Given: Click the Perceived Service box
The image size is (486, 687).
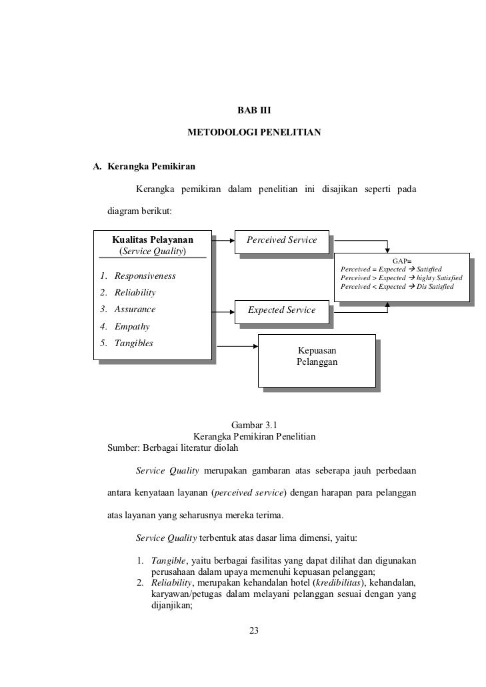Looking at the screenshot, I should tap(281, 240).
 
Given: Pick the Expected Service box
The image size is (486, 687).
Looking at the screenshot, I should tap(281, 310).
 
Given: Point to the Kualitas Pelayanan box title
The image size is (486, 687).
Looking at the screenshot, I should tap(153, 240).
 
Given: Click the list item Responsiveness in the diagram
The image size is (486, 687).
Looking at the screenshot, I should tap(145, 276).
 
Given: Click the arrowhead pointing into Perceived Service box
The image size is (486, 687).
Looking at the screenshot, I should tap(231, 240).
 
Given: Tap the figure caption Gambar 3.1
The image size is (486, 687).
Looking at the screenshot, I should tap(253, 425).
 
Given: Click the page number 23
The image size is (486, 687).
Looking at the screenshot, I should tap(253, 632).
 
